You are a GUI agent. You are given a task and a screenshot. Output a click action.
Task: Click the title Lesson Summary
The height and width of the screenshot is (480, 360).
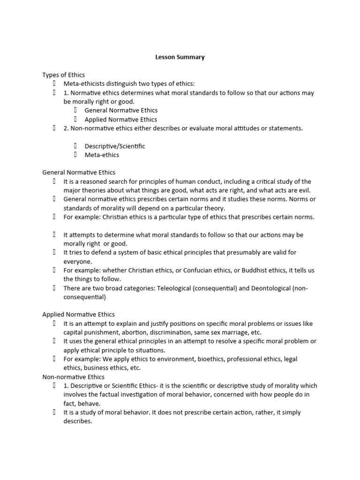point(180,57)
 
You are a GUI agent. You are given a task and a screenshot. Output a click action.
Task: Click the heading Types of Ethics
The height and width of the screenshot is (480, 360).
point(63,75)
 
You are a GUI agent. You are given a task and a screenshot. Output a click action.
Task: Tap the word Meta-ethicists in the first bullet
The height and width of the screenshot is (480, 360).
point(83,84)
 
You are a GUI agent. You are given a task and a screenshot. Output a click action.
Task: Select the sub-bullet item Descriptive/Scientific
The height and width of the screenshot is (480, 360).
point(115,146)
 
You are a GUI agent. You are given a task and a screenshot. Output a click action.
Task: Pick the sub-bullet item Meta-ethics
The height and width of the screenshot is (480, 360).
point(102,155)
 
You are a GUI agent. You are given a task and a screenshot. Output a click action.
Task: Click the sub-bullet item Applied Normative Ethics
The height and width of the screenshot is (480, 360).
point(121,120)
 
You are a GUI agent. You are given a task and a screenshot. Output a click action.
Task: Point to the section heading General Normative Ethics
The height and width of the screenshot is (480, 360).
point(79,172)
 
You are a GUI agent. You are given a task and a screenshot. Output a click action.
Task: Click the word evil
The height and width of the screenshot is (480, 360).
point(304,190)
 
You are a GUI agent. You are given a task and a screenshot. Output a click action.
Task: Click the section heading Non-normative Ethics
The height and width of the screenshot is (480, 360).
point(74,377)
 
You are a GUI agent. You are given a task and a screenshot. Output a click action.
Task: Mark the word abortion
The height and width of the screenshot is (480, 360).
point(130,332)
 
